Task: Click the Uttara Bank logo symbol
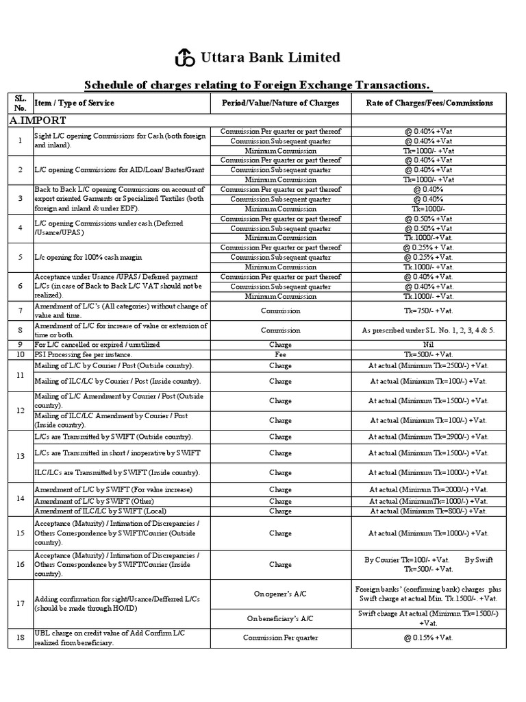point(184,58)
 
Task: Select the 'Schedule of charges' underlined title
point(258,85)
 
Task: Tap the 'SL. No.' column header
point(19,103)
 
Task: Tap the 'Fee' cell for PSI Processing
point(280,354)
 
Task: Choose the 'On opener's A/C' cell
point(280,594)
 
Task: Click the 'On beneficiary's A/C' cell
point(280,618)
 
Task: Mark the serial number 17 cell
point(20,603)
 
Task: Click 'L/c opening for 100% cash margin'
point(88,258)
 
